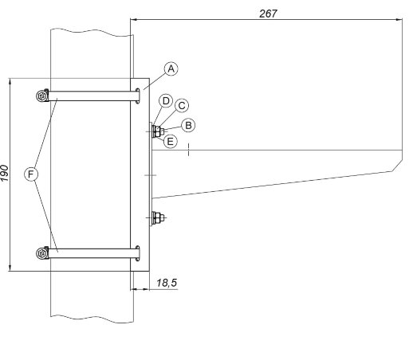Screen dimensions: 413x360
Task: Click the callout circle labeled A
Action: pos(171,68)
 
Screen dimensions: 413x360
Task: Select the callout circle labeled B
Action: pos(188,125)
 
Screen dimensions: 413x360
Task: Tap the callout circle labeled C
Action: pos(182,106)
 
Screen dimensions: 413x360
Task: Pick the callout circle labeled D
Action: pos(166,101)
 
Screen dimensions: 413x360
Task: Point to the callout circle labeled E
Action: pos(170,141)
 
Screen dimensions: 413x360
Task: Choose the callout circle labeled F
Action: pos(31,174)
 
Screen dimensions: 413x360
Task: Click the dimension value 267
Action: pos(268,14)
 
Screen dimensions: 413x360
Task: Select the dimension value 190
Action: pos(5,173)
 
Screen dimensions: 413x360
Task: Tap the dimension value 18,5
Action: pos(167,283)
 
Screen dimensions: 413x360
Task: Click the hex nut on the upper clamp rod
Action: pos(41,96)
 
